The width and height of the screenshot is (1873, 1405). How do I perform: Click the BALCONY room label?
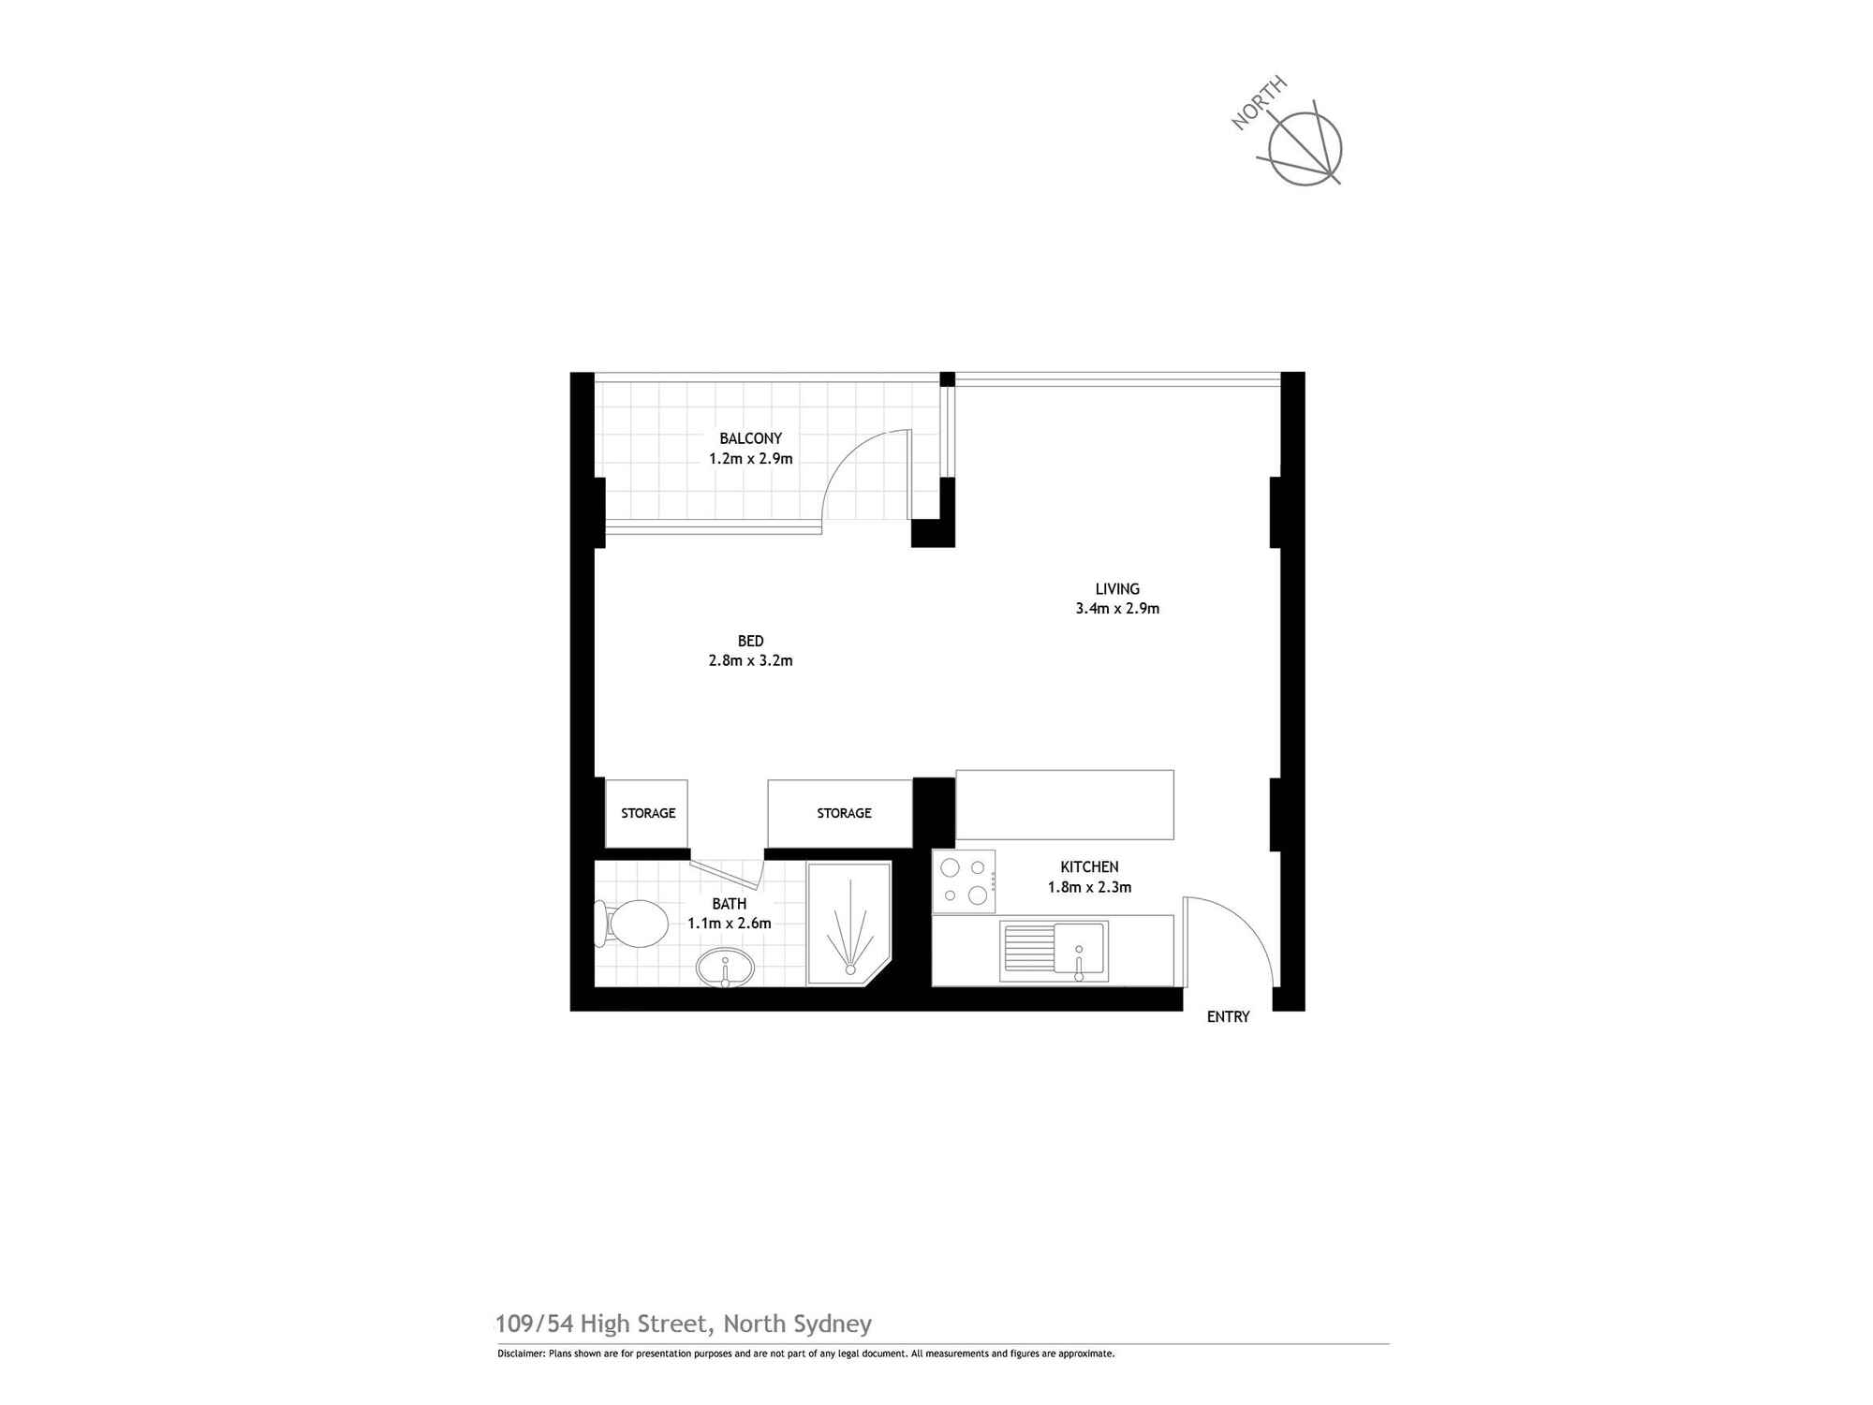pyautogui.click(x=750, y=438)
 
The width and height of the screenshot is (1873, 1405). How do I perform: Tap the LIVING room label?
pyautogui.click(x=1117, y=589)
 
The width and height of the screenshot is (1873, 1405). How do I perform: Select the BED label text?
pyautogui.click(x=750, y=642)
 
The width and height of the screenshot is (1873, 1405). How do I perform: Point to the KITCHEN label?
pyautogui.click(x=1089, y=867)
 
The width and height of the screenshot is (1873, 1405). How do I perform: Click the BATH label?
pyautogui.click(x=730, y=904)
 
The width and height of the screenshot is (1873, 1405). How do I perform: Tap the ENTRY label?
pyautogui.click(x=1228, y=1017)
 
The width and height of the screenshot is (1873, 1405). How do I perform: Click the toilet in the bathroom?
pyautogui.click(x=631, y=924)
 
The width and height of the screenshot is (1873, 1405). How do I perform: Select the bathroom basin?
pyautogui.click(x=725, y=967)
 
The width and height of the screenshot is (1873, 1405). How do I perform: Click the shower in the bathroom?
pyautogui.click(x=848, y=924)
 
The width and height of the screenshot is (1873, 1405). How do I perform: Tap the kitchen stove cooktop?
pyautogui.click(x=964, y=881)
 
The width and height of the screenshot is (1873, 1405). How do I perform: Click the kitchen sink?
pyautogui.click(x=1054, y=952)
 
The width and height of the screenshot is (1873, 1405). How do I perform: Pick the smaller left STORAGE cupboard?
pyautogui.click(x=647, y=813)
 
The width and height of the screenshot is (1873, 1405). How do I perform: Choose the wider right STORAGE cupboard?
pyautogui.click(x=840, y=813)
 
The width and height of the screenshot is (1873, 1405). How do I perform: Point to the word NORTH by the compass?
pyautogui.click(x=1259, y=103)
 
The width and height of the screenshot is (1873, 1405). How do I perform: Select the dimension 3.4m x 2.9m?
pyautogui.click(x=1117, y=609)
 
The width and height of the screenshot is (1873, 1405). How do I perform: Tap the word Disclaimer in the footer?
pyautogui.click(x=519, y=1353)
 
